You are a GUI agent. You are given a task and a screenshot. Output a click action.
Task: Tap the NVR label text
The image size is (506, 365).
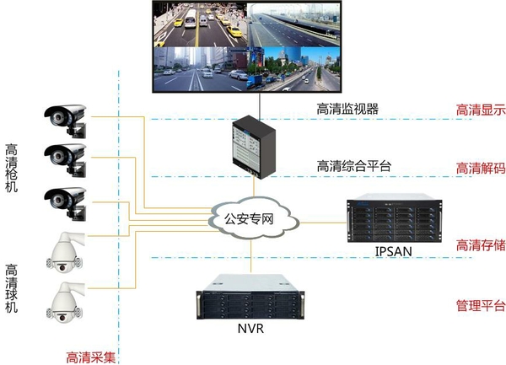(x=251, y=326)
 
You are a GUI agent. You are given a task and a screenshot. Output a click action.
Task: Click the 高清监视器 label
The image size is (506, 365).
(x=347, y=109)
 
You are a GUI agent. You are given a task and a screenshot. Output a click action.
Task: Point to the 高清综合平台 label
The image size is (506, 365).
(x=354, y=166)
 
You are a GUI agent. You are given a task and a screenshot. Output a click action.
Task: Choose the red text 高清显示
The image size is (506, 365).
(x=480, y=109)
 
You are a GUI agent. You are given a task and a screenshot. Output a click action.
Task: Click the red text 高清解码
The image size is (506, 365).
(x=480, y=167)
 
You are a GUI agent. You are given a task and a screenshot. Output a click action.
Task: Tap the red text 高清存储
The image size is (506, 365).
(x=480, y=245)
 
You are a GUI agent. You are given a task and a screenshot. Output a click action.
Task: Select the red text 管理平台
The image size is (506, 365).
(x=480, y=303)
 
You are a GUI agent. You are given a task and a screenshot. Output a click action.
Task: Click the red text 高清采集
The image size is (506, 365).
(x=90, y=355)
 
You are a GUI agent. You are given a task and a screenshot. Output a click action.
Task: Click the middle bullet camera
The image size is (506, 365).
(x=67, y=157)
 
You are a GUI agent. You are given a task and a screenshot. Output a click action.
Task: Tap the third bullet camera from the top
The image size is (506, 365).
(x=67, y=197)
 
